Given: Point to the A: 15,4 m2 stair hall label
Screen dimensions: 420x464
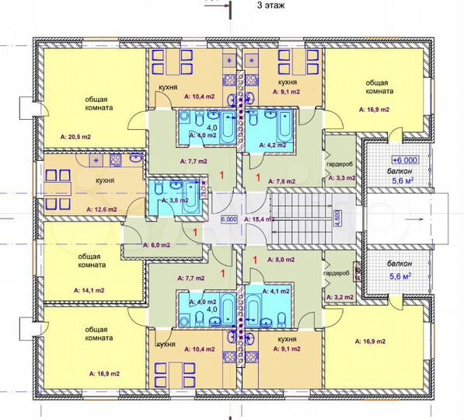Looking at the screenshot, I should click(260, 220).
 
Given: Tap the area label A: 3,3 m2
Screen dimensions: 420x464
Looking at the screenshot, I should click(341, 178).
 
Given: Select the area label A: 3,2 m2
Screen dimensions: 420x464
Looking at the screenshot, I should click(340, 296).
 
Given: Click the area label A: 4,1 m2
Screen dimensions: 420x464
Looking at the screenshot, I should click(277, 291).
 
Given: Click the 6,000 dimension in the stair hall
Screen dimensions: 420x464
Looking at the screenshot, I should click(229, 220).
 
